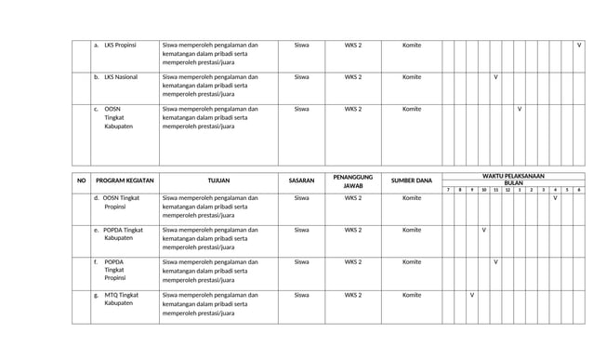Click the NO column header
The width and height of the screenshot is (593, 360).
coord(81,180)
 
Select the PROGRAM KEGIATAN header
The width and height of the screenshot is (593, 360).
coord(125,180)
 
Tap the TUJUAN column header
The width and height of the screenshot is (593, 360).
coord(218,180)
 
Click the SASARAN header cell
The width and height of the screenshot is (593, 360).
coord(301,180)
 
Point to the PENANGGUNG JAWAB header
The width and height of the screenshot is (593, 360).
coord(352,180)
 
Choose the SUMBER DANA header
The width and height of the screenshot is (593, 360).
coord(412,180)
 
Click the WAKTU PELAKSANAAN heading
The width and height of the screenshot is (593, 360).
coord(514,176)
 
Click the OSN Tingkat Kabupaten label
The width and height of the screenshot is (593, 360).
coord(113,117)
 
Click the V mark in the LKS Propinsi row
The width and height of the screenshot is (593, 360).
coord(579,45)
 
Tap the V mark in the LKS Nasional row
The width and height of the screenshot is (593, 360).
coord(495,76)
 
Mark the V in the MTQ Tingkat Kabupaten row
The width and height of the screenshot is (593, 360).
coord(472,295)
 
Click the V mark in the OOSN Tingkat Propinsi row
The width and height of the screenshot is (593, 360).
coord(555,198)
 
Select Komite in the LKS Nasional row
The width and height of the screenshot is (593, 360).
coord(412,76)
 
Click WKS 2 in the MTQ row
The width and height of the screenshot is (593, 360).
coord(353,295)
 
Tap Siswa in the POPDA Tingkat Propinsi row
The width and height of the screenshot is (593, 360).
coord(301,262)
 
